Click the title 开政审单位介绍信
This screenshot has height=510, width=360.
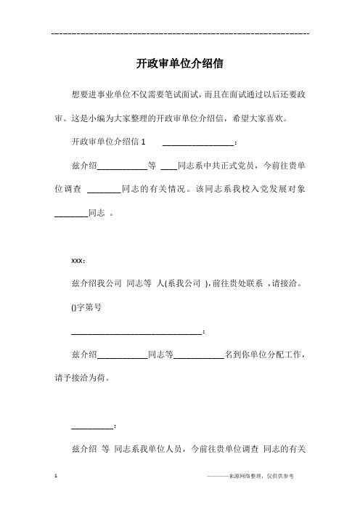tap(179, 64)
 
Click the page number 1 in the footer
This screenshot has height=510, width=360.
tap(57, 477)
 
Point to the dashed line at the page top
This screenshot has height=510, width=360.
tap(180, 33)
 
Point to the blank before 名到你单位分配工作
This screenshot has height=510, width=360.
tap(198, 357)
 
